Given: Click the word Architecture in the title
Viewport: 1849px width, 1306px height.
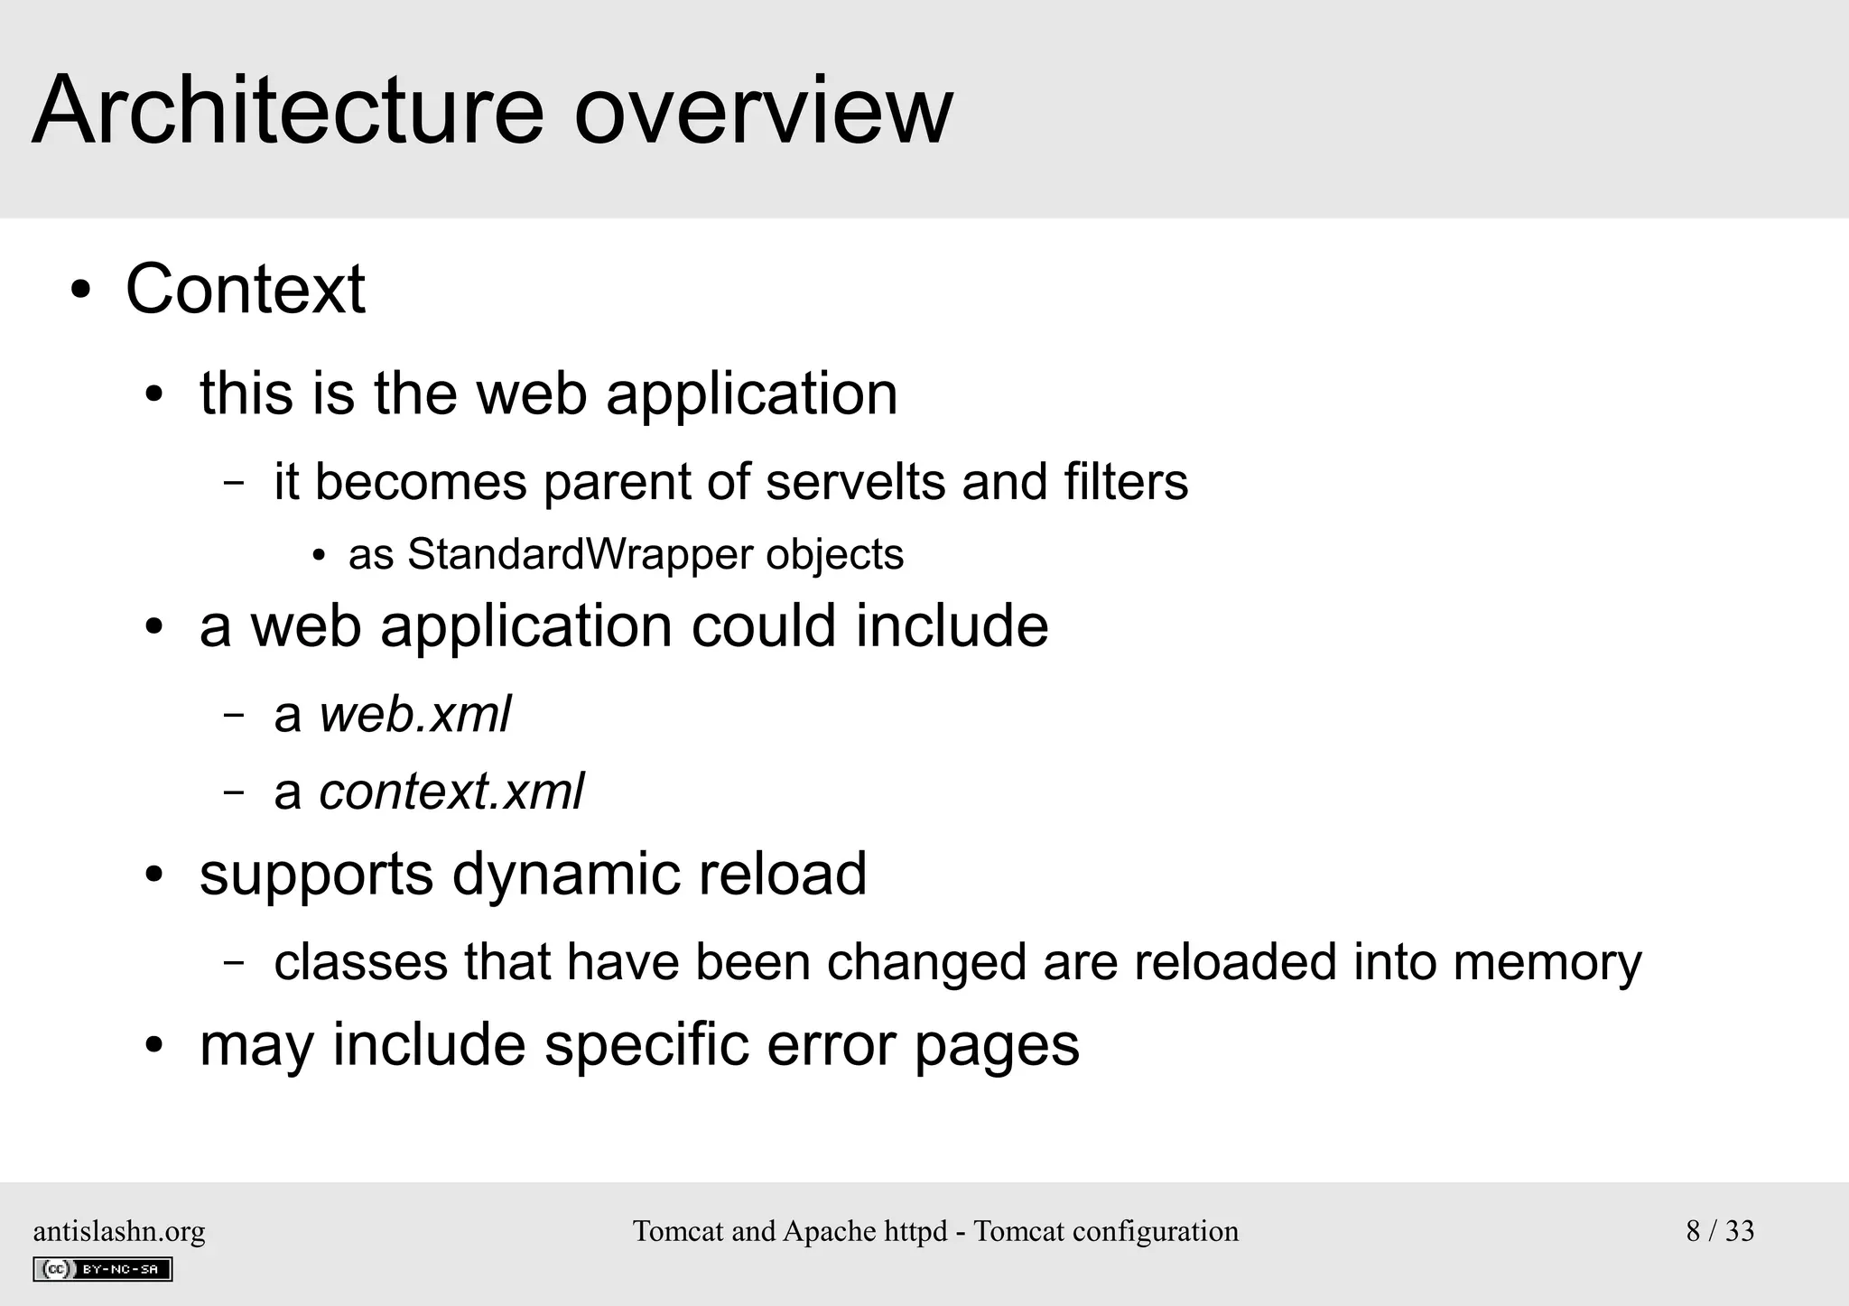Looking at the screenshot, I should click(287, 110).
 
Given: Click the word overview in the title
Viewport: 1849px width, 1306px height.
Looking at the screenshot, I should click(763, 110).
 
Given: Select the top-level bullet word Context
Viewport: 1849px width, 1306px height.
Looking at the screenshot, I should click(245, 289).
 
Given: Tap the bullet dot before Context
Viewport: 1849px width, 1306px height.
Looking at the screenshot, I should click(81, 291).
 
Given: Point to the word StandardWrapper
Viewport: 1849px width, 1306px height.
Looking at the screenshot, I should click(580, 554).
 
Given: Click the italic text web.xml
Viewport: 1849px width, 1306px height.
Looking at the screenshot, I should click(414, 714).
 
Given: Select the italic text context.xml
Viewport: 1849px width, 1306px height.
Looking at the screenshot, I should click(451, 792).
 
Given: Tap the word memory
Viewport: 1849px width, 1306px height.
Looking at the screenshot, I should click(1547, 961).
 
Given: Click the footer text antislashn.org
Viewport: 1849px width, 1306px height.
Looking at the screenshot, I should click(119, 1231).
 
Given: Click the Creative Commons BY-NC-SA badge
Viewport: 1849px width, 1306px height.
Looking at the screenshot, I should click(103, 1269).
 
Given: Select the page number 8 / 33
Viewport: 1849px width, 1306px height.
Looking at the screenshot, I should click(1720, 1231).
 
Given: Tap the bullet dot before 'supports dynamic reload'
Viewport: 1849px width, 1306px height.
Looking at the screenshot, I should click(154, 875).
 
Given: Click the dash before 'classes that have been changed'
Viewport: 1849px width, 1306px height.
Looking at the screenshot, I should click(233, 962).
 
